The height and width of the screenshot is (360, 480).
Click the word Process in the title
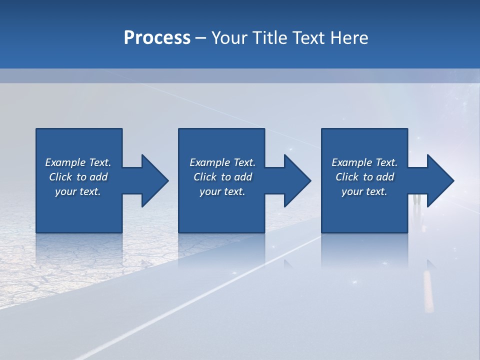click(157, 38)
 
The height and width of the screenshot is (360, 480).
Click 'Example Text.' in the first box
click(78, 162)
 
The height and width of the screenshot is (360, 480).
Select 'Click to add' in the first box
click(78, 177)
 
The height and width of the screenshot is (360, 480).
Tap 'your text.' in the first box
click(78, 191)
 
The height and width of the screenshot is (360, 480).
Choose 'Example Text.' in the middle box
click(222, 162)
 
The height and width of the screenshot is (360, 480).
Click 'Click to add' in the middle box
click(222, 177)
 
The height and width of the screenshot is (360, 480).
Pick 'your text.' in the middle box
click(222, 191)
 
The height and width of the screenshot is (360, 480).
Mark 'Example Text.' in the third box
click(364, 162)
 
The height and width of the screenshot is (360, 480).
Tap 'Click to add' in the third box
click(364, 177)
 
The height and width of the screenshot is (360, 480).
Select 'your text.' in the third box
click(364, 191)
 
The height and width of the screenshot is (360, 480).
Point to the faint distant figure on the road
click(417, 199)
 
